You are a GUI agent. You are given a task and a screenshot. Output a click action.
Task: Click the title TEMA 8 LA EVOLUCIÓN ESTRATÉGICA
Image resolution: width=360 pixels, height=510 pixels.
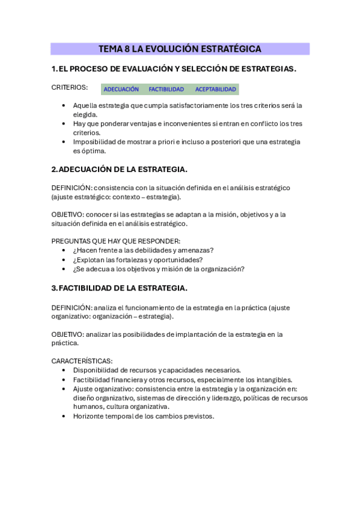coord(180,49)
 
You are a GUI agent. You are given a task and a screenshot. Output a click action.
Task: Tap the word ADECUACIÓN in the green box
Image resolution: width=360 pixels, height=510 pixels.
coord(121,90)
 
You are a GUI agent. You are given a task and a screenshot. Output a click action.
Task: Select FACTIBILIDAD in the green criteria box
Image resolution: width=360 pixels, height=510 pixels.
coord(166,90)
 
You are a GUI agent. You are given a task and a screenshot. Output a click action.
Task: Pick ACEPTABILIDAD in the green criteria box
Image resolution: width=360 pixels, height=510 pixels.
coord(215,90)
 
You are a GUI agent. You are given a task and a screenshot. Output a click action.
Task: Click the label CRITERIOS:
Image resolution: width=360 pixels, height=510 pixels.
coord(69,87)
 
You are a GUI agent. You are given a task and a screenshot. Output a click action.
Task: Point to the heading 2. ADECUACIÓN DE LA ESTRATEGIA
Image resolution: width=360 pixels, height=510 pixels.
coord(119,169)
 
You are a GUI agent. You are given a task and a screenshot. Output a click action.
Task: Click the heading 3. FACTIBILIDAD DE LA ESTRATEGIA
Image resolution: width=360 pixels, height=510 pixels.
coord(119,287)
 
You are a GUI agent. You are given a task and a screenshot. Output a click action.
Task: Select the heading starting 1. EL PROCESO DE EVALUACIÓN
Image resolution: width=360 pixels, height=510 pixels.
coord(174,69)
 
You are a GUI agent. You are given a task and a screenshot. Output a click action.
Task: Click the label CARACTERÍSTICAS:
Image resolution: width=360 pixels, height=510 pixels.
coord(82,361)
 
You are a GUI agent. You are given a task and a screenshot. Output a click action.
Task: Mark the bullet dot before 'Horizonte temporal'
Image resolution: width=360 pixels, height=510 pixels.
coord(64,416)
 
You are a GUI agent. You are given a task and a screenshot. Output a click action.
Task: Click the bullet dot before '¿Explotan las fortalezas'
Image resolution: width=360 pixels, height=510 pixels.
coord(64,260)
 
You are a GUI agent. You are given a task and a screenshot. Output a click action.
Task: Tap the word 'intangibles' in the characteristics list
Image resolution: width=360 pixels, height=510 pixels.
coord(274,379)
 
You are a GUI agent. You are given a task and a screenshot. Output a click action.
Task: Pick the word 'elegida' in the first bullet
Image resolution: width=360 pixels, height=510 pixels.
coord(84,114)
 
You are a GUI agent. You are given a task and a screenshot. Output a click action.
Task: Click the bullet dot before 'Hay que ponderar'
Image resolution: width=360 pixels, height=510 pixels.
coord(64,123)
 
